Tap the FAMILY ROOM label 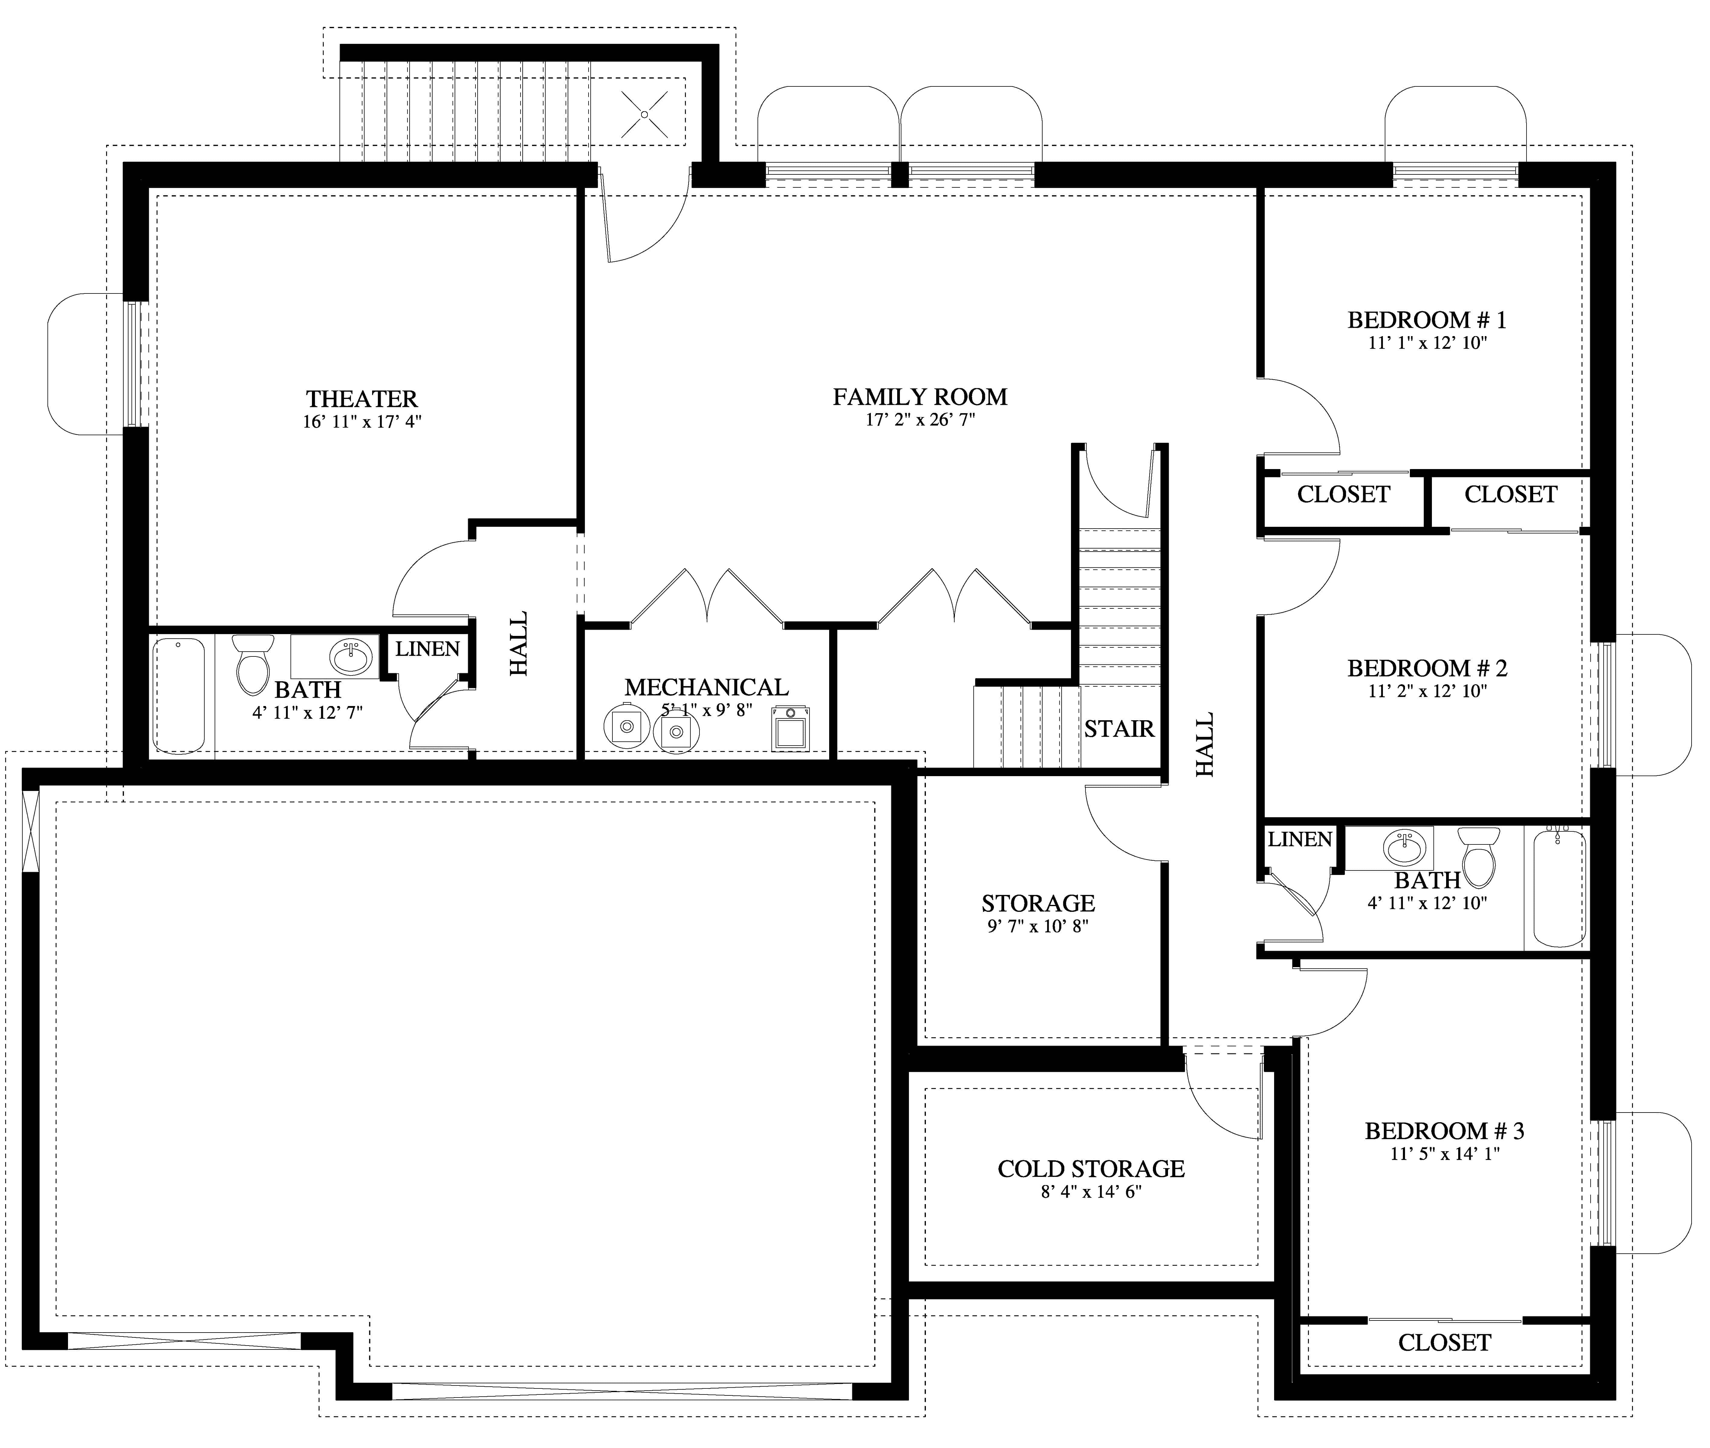[x=920, y=397]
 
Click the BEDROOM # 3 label [x=1444, y=1131]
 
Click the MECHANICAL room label [x=706, y=687]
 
